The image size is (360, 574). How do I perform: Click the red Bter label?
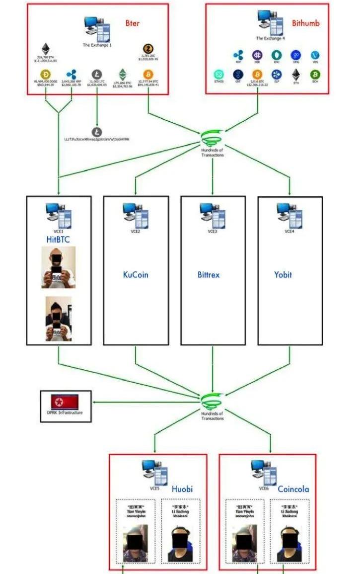point(133,23)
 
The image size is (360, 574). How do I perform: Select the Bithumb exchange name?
point(305,23)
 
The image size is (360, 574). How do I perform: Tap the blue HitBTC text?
point(59,240)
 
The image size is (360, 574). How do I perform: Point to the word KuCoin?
point(136,275)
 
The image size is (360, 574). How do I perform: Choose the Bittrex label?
point(208,275)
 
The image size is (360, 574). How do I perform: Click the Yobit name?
point(283,275)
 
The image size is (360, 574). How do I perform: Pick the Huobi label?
point(182,489)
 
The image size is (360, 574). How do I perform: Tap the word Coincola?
point(293,489)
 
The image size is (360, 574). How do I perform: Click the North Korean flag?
point(65,402)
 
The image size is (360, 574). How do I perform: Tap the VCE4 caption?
point(289,232)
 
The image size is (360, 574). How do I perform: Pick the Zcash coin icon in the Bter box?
point(148,49)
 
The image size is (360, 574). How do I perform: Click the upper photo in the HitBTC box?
point(59,267)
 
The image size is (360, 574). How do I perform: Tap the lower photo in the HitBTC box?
point(59,319)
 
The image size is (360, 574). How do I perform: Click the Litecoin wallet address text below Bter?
point(97,139)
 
